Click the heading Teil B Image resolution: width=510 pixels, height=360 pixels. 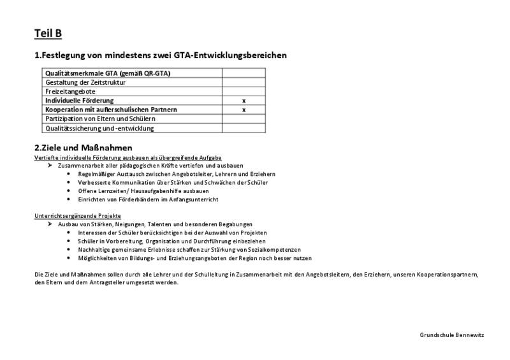pyautogui.click(x=48, y=34)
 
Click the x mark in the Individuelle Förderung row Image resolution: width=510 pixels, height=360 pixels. pyautogui.click(x=244, y=101)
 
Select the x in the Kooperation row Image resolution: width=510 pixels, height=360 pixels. pyautogui.click(x=244, y=110)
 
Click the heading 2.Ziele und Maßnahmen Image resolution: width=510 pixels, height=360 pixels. pyautogui.click(x=83, y=148)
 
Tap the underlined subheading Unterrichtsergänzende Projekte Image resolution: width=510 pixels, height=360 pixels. pyautogui.click(x=77, y=216)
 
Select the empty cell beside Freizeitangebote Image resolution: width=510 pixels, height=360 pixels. pyautogui.click(x=244, y=92)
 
